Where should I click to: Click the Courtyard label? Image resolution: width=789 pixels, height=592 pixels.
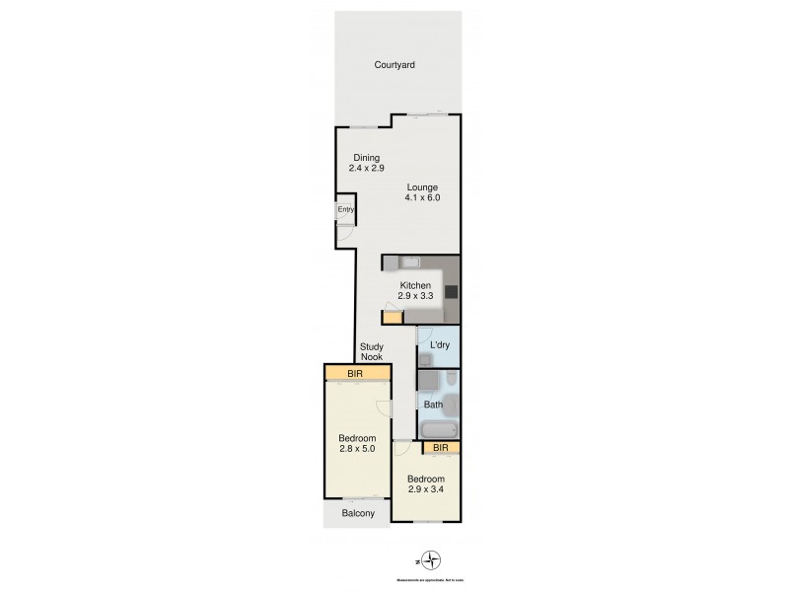pos(394,65)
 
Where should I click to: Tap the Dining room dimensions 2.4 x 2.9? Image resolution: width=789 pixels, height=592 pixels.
pos(365,169)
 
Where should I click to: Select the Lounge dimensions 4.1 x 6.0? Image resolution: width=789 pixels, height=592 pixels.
pos(421,197)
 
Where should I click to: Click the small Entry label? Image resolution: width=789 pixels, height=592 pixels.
pos(345,210)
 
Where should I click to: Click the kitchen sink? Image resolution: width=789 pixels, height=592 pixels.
pos(410,261)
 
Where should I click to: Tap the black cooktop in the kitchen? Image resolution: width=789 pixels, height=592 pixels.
pos(451,291)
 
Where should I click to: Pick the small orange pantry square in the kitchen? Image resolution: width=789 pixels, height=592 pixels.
pos(393,318)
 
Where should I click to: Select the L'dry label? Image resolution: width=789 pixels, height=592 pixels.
pos(440,344)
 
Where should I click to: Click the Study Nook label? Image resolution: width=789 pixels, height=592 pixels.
pos(371,352)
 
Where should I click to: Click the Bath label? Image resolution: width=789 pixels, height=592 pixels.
pos(433,405)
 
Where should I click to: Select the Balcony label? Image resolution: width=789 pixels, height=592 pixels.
pos(358,514)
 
